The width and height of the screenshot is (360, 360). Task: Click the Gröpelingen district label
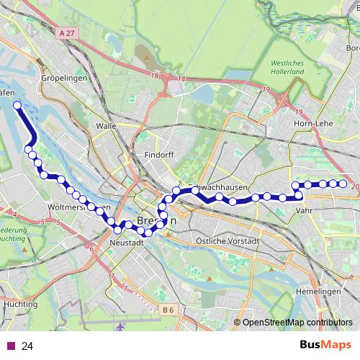(x=64, y=77)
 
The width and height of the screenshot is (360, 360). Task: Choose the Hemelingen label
(x=318, y=291)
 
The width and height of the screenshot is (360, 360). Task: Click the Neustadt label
(x=127, y=243)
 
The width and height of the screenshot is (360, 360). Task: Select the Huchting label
(x=20, y=305)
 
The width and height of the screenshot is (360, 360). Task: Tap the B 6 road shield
(x=168, y=310)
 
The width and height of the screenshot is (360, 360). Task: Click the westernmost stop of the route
(x=17, y=105)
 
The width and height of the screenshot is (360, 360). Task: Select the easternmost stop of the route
(x=343, y=184)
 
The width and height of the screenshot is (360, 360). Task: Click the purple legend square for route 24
(x=11, y=346)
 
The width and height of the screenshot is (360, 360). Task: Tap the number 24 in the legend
(x=27, y=346)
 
